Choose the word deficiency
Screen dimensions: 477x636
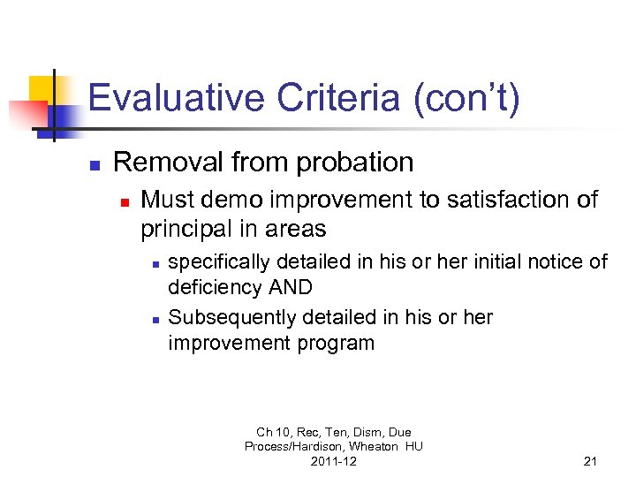click(x=214, y=288)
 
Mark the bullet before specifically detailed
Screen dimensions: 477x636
click(x=155, y=263)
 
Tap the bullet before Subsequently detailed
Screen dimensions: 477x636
click(x=155, y=318)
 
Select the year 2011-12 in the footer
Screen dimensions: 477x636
click(x=334, y=461)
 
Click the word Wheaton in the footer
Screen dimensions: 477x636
click(x=371, y=447)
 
